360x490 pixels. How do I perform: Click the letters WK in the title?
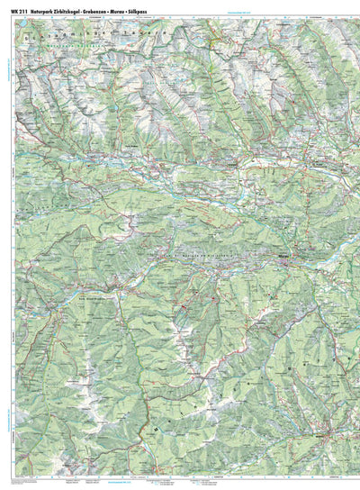pos(13,7)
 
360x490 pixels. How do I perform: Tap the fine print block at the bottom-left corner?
pos(27,483)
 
